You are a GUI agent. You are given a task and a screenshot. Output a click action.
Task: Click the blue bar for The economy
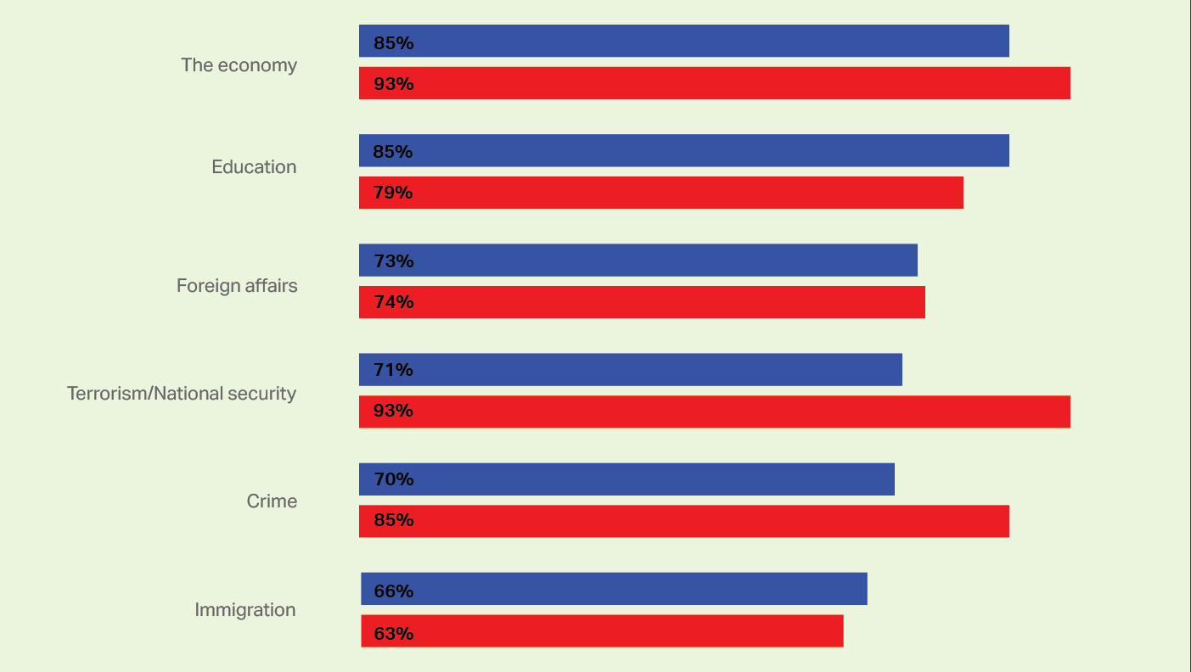pos(683,41)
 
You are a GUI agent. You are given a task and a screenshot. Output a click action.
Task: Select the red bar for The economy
pos(714,83)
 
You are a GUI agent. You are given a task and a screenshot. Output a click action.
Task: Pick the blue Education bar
pos(683,150)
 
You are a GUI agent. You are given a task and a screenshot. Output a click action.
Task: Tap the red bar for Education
pos(660,193)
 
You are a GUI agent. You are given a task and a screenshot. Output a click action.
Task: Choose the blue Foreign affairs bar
pos(638,260)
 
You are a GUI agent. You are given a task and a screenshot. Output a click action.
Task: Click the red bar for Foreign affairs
pos(642,302)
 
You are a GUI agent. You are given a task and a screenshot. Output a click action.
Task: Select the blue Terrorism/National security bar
pos(630,369)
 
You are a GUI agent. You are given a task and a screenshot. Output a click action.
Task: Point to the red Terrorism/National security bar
pos(714,412)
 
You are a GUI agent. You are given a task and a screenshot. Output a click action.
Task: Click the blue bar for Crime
pos(626,479)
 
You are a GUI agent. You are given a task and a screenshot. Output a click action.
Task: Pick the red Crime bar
pos(683,521)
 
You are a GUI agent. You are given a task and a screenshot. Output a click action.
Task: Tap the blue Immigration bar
pos(614,589)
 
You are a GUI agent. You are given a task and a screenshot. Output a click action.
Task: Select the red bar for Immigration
pos(602,630)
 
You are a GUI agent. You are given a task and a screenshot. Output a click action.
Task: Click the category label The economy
pos(239,65)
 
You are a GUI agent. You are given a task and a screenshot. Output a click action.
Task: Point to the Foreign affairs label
pos(237,285)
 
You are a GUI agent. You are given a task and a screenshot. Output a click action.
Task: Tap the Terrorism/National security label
pos(182,394)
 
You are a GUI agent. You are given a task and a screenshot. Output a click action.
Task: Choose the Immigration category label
pos(245,610)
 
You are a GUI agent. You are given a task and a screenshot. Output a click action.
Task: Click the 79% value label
pos(394,193)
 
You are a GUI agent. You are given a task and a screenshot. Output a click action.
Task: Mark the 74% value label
pos(394,302)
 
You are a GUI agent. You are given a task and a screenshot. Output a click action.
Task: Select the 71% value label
pos(394,369)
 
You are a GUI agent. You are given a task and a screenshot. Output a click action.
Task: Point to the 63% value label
pos(394,633)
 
